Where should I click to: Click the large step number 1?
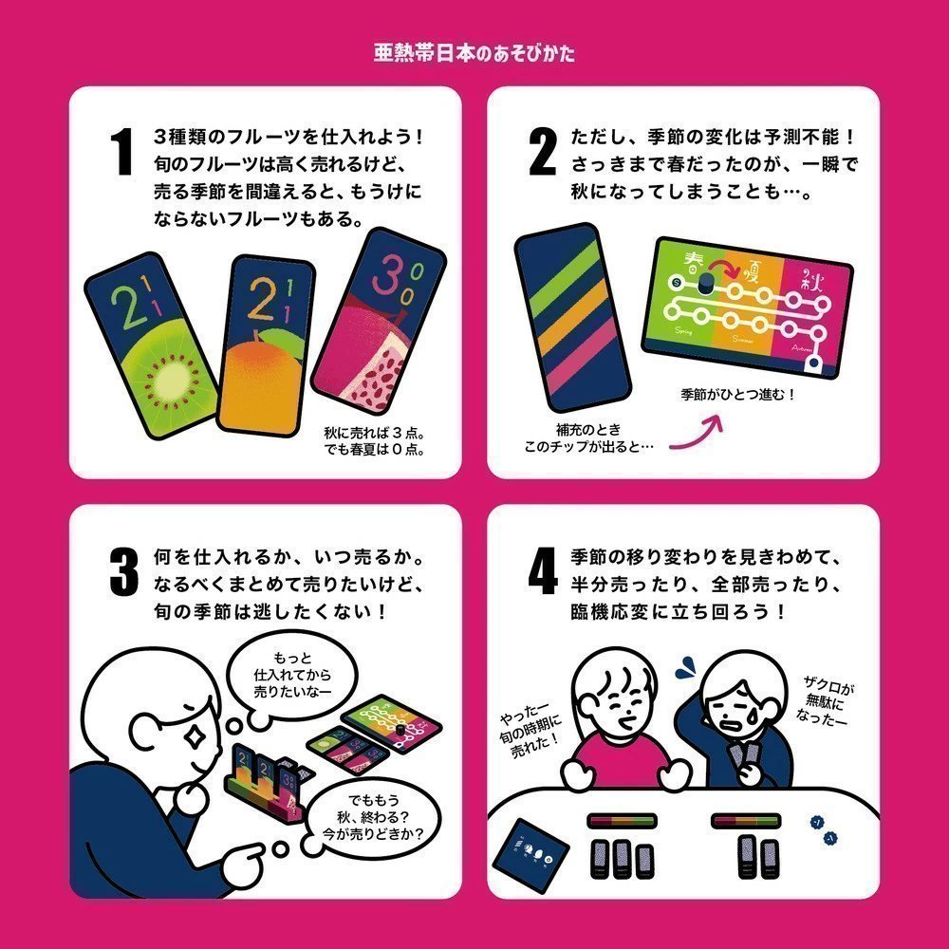click(121, 152)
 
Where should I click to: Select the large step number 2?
click(541, 152)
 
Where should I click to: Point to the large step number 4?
click(542, 571)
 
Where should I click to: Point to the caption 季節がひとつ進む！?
click(736, 394)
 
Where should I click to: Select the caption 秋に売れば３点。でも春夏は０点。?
click(373, 440)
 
